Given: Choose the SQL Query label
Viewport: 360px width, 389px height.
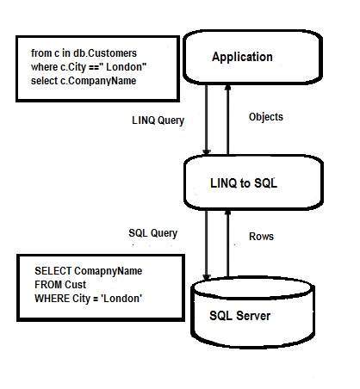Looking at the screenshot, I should pyautogui.click(x=152, y=233).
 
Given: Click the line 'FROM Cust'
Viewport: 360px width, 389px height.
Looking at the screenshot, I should pyautogui.click(x=62, y=284).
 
